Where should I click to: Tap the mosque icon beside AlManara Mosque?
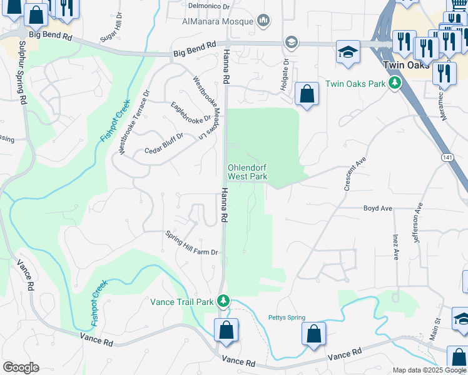pyautogui.click(x=263, y=21)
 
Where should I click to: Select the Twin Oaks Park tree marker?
pyautogui.click(x=394, y=83)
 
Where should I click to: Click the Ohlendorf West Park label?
pyautogui.click(x=247, y=172)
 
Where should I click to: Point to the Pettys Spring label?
pyautogui.click(x=287, y=317)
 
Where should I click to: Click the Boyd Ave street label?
pyautogui.click(x=377, y=208)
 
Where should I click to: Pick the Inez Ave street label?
pyautogui.click(x=396, y=247)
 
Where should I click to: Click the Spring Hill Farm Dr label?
pyautogui.click(x=191, y=244)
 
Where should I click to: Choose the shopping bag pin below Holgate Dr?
pyautogui.click(x=307, y=95)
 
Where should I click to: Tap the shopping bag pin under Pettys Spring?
pyautogui.click(x=313, y=334)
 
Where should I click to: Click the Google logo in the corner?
pyautogui.click(x=21, y=367)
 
